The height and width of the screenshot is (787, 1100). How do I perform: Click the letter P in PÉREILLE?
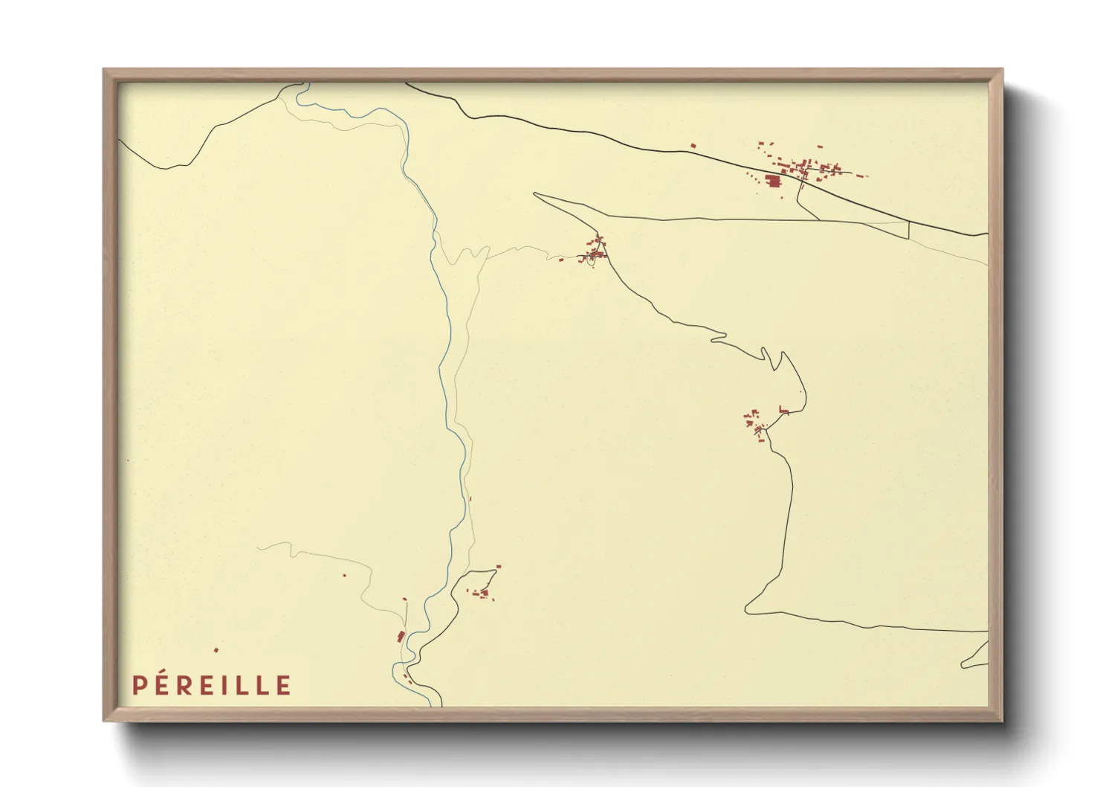(x=138, y=685)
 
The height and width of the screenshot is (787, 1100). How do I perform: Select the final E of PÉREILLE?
(x=283, y=685)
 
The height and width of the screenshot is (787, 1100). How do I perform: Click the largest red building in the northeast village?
(x=773, y=180)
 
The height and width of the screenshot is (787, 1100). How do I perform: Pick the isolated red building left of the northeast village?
(x=693, y=146)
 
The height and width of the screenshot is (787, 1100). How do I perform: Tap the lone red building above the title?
(x=216, y=650)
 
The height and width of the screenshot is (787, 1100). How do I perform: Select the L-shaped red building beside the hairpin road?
(x=783, y=410)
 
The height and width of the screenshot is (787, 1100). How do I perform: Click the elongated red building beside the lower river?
(x=401, y=636)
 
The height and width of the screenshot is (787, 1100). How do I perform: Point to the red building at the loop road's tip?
(x=497, y=568)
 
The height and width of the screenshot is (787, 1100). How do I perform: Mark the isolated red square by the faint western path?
(x=344, y=574)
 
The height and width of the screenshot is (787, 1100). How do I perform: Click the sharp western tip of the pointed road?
(x=535, y=194)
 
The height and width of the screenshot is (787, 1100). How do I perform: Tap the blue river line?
(x=444, y=357)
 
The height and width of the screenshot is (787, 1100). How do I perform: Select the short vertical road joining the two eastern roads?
(x=908, y=229)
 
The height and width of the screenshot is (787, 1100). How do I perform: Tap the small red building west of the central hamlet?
(x=560, y=260)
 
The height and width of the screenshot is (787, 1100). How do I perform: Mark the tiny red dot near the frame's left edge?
(x=128, y=461)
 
